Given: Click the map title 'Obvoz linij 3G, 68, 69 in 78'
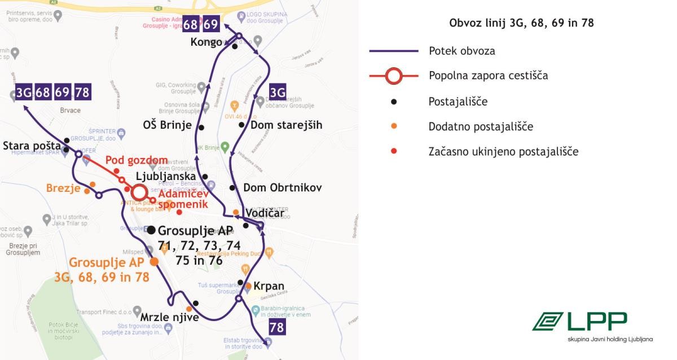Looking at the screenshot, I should pos(521,23).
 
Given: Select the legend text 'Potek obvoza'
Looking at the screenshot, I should pos(461,51).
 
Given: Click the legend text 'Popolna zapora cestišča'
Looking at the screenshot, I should pos(488,75).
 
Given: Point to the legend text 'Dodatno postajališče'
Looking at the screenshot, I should pos(481,126).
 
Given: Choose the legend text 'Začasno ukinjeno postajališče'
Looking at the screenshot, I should pos(503,151).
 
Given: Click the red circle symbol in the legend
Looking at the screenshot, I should pos(394,75).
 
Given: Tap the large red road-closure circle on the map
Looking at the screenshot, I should pos(138,192).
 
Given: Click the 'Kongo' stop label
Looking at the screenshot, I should pos(206,42).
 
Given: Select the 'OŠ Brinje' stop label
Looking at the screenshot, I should pos(168,125).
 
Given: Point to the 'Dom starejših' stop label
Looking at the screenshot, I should pos(287,125).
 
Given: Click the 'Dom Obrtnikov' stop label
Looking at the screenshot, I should pos(282,188).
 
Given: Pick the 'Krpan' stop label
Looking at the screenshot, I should pos(269,286).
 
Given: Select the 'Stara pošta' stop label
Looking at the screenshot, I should pos(32,146).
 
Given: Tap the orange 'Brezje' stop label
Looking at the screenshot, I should pos(63,188).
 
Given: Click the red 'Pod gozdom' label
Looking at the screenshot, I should pos(137,160).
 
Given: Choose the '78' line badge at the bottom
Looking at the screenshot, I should pos(277,327).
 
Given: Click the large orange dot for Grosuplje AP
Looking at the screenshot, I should pos(154,262).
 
